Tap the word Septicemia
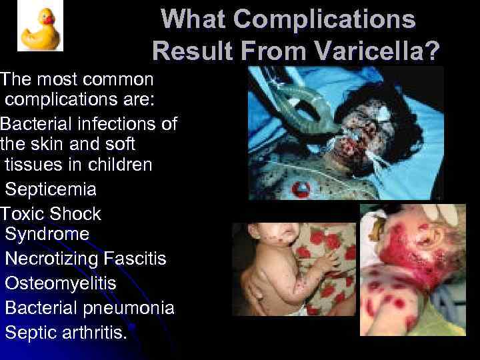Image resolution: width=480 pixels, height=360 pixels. pyautogui.click(x=51, y=190)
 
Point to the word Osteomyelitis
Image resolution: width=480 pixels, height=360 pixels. pyautogui.click(x=60, y=283)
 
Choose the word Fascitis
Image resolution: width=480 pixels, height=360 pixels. pyautogui.click(x=135, y=259)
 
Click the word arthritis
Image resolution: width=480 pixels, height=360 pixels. pyautogui.click(x=93, y=332)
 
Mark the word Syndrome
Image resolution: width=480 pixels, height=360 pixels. pyautogui.click(x=47, y=234)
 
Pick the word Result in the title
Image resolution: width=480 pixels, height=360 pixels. pyautogui.click(x=190, y=51)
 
